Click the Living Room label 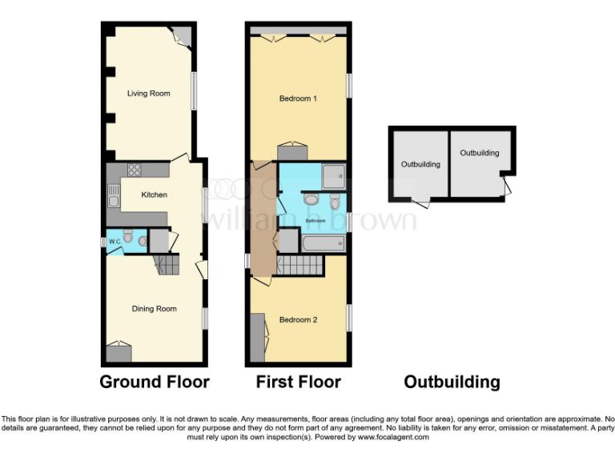click(149, 94)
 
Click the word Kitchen click(155, 194)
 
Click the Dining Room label click(155, 308)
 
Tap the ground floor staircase click(167, 265)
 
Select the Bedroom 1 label click(298, 98)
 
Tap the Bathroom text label click(314, 220)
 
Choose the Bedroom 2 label click(298, 319)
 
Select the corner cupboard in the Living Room click(183, 34)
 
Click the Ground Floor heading click(155, 382)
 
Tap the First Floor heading click(298, 382)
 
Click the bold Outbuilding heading click(452, 382)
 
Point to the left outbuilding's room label click(420, 164)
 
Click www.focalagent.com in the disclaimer click(393, 437)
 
